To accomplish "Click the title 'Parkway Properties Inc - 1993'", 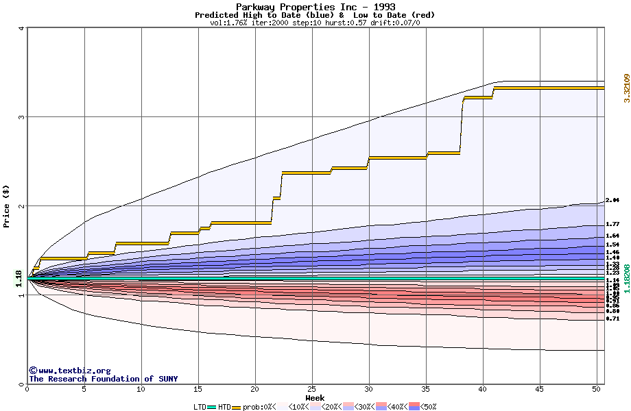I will pos(315,7).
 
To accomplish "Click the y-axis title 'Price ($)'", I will pos(6,206).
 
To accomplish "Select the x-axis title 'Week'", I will pos(315,397).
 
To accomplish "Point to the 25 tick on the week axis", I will pos(312,389).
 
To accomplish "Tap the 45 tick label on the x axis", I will pos(540,389).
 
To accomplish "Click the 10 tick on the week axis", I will pos(141,389).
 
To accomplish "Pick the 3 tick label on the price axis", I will pos(21,117).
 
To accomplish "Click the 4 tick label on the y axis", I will pos(21,28).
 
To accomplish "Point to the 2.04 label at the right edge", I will pos(612,201).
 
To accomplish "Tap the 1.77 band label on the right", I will pos(612,224).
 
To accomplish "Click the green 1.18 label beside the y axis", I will pos(19,279).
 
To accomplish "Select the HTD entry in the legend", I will pos(224,407).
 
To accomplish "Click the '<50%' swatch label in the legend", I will pos(429,407).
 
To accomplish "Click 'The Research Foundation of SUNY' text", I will pos(103,379).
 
